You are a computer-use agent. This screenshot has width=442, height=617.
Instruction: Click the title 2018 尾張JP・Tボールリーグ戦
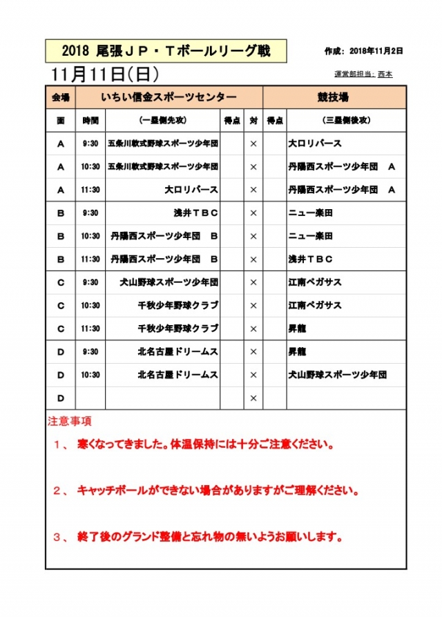pyautogui.click(x=166, y=50)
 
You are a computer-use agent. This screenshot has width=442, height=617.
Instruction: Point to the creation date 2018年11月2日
pyautogui.click(x=376, y=51)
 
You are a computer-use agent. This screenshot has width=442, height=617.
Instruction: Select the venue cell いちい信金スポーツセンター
pyautogui.click(x=169, y=97)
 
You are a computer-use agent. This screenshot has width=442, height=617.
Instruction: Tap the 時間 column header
pyautogui.click(x=90, y=120)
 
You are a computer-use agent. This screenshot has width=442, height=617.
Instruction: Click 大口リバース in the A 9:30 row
pyautogui.click(x=315, y=144)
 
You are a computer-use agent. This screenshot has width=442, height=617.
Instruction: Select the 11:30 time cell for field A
pyautogui.click(x=90, y=190)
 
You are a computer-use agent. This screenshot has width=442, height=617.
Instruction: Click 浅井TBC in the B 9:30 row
pyautogui.click(x=196, y=213)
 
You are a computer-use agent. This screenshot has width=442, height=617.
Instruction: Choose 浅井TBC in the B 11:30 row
pyautogui.click(x=311, y=259)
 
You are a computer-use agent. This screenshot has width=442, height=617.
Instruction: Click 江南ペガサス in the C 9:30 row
pyautogui.click(x=315, y=282)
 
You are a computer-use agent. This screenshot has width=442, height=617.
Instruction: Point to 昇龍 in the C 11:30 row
pyautogui.click(x=297, y=329)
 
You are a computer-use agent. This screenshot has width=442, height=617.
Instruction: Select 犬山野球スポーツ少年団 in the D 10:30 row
pyautogui.click(x=337, y=375)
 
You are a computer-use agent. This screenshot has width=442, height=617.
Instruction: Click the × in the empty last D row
pyautogui.click(x=253, y=398)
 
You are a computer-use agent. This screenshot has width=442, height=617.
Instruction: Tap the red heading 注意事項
pyautogui.click(x=70, y=420)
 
